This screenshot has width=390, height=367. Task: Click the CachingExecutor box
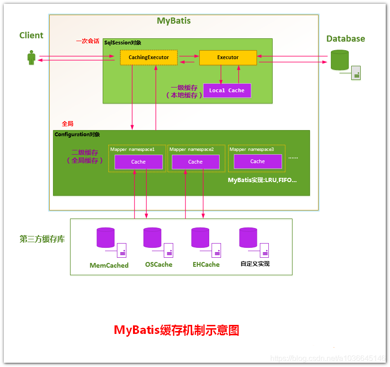[149, 58]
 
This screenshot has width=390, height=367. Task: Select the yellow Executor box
[228, 58]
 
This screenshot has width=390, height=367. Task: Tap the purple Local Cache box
[227, 90]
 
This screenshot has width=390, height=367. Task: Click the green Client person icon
[31, 58]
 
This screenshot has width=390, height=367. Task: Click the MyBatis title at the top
[174, 21]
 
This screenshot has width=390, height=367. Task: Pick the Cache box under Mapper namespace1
[138, 162]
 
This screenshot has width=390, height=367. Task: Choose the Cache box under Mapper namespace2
[195, 162]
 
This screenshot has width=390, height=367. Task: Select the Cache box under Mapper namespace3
[257, 161]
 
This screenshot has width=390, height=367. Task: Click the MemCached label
[109, 265]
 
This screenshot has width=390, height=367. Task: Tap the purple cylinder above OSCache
[152, 237]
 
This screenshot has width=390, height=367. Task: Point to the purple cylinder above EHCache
[200, 237]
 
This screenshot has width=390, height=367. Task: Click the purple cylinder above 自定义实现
[248, 237]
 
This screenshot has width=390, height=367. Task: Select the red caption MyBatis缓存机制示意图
[177, 330]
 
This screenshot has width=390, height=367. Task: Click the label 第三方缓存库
[42, 239]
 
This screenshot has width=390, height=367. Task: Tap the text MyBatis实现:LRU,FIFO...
[262, 180]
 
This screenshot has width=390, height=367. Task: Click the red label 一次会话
[88, 41]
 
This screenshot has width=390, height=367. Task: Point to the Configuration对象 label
[77, 134]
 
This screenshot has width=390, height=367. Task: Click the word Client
[31, 35]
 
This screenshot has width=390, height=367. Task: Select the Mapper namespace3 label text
[252, 149]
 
